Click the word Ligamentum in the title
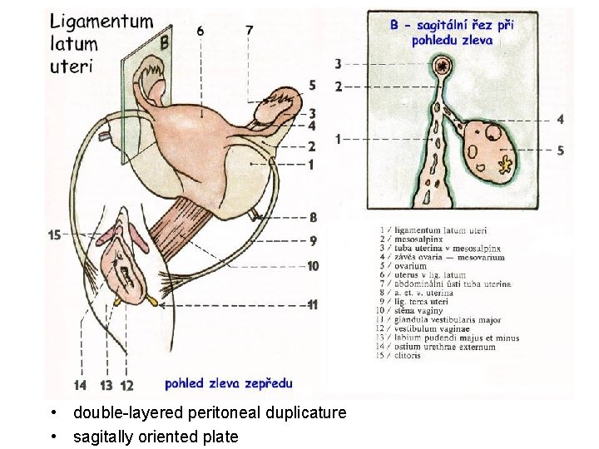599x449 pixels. (x=101, y=22)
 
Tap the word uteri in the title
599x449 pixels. (x=70, y=66)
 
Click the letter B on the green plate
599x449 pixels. (x=164, y=41)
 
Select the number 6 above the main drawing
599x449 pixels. (x=200, y=31)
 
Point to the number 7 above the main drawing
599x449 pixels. (x=250, y=30)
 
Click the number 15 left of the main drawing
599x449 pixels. (x=55, y=235)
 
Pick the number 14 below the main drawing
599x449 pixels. (x=80, y=385)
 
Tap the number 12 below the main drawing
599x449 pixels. (x=126, y=385)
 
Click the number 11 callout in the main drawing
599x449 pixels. (x=312, y=305)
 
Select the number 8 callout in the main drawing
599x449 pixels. (x=312, y=217)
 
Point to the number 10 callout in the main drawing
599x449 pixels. (x=312, y=266)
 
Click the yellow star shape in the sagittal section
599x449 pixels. (x=504, y=164)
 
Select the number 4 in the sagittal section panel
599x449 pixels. (x=560, y=120)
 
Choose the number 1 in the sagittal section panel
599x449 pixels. (x=338, y=139)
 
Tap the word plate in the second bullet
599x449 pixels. (x=220, y=437)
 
